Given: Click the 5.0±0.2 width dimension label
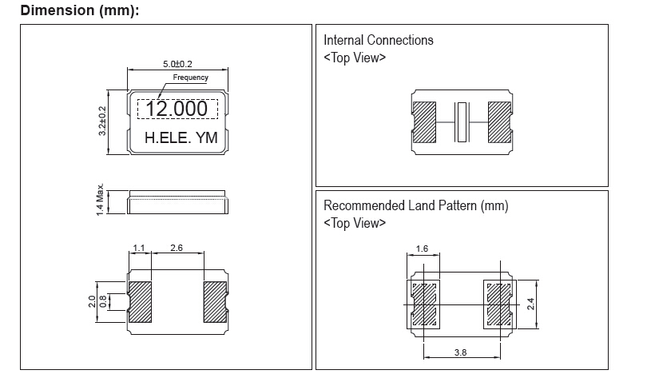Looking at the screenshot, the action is [x=177, y=64].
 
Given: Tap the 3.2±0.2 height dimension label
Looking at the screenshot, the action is [x=102, y=121].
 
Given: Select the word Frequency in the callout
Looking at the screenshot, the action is [x=190, y=78].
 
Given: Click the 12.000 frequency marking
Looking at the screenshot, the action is [x=177, y=109].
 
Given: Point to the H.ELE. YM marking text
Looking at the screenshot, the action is [x=181, y=137].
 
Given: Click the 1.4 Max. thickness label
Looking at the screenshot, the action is [x=100, y=199].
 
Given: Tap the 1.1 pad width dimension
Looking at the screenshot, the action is [x=139, y=248].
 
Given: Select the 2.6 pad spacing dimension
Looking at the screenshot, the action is [x=177, y=248].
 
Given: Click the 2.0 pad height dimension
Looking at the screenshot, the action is [x=92, y=301].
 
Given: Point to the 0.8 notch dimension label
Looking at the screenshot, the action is [x=103, y=301].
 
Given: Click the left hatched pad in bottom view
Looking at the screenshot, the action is [x=140, y=302].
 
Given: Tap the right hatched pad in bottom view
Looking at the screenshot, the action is [x=215, y=302].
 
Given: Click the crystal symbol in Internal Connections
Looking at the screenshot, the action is [x=462, y=122].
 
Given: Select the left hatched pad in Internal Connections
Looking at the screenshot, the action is [x=424, y=122].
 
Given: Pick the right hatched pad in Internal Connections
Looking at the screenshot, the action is [x=500, y=122].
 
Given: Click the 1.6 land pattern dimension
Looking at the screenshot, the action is [x=422, y=249].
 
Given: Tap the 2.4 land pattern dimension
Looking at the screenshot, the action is [x=530, y=304].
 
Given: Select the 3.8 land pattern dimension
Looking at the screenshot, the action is [x=461, y=352].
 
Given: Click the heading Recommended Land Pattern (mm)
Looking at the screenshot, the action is [x=415, y=205].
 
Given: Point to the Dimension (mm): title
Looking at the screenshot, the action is [x=80, y=10].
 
